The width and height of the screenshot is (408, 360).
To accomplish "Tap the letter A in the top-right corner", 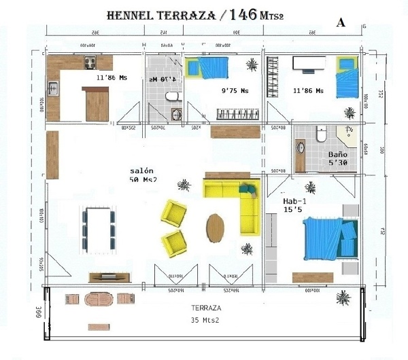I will tap(341, 22).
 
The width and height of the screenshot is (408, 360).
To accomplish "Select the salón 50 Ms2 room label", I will tap(143, 175).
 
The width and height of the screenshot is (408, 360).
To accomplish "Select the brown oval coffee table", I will tap(216, 228).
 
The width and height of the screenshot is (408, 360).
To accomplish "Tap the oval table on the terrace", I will tap(99, 299).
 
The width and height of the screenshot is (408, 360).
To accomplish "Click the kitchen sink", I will tap(52, 88).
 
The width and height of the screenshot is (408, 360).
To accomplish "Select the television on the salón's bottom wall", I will tap(107, 276).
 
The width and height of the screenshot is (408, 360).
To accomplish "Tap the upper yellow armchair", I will tap(173, 213).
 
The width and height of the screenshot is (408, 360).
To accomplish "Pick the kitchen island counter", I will tap(97, 104).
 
